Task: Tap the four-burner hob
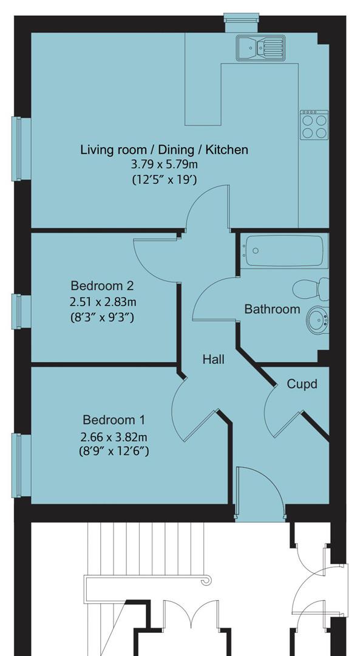[314, 125]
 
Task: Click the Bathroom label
[272, 309]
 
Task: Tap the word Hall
[213, 360]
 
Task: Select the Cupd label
[302, 384]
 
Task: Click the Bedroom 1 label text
[114, 420]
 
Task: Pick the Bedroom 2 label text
[102, 285]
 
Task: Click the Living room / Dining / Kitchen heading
[164, 149]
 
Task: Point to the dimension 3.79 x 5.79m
[164, 165]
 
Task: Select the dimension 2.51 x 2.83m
[102, 301]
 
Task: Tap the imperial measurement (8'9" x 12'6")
[114, 451]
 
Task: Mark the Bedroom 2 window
[22, 311]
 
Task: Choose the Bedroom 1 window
[22, 465]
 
